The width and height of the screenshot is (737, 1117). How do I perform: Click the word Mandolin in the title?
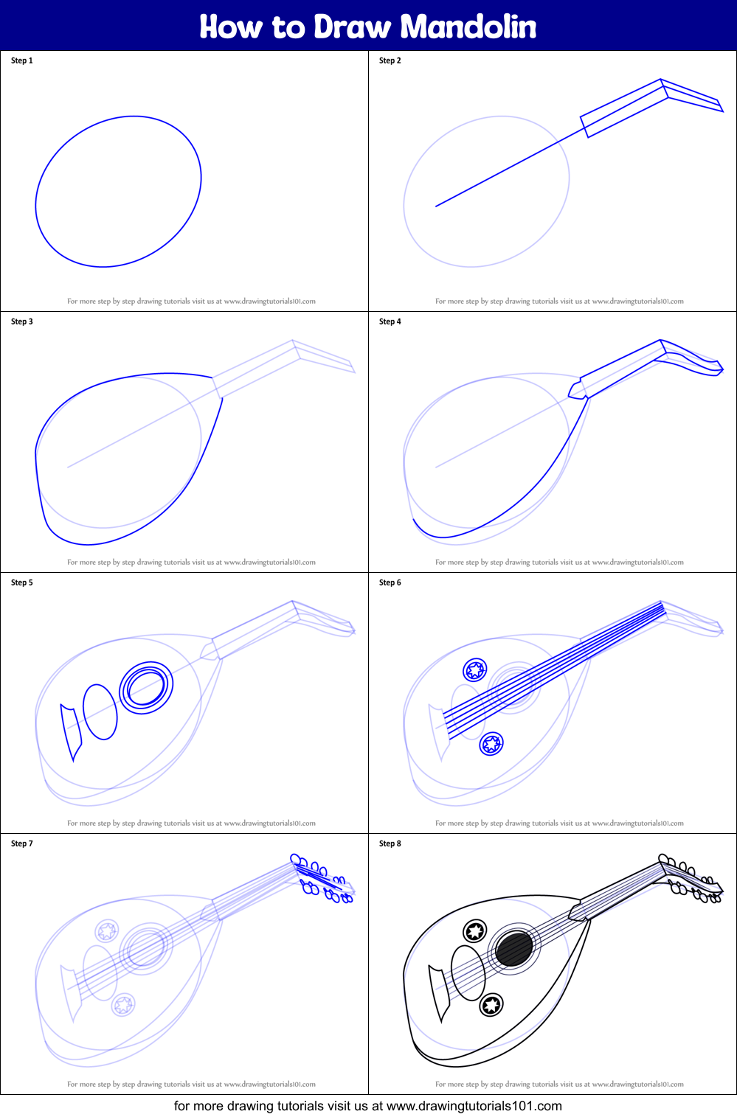pos(468,27)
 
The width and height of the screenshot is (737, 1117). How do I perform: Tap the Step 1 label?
pos(22,60)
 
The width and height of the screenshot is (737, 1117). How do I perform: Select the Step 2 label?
pos(390,60)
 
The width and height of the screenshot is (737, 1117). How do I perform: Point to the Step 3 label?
pos(22,321)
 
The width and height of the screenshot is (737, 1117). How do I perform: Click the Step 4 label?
pos(390,321)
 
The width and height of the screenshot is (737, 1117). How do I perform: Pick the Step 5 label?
pos(22,582)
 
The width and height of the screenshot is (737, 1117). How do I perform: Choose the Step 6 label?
pos(390,582)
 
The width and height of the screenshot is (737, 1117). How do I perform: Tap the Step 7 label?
pos(22,843)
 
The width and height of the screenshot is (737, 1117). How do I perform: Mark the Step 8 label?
pos(390,843)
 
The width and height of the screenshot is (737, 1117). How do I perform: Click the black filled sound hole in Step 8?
pos(514,948)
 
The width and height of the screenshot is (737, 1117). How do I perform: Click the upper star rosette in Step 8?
pos(474,931)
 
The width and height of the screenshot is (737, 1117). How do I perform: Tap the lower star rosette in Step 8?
pos(491,1004)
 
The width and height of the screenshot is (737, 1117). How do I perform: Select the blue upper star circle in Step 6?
pos(474,670)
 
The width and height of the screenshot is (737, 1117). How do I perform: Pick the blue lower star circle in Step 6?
pos(491,743)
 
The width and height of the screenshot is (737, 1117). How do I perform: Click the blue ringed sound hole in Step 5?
pos(146,687)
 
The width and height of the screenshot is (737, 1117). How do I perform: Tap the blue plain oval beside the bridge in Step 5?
pos(100,711)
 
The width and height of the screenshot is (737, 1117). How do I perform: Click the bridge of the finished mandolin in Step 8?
pos(440,992)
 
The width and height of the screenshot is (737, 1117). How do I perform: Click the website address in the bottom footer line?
pos(474,1106)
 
